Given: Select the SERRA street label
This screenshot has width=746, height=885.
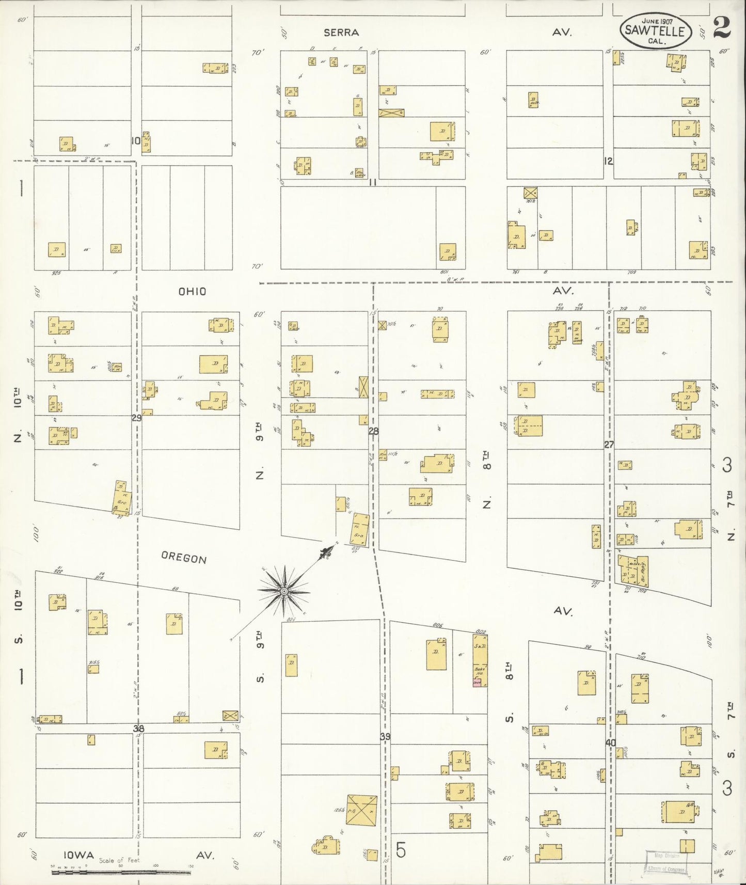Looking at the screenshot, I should (341, 33).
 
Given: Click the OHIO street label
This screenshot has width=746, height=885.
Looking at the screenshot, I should (192, 292).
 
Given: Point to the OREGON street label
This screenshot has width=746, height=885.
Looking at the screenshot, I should (184, 558).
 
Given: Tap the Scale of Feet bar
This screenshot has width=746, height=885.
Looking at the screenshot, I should (121, 873).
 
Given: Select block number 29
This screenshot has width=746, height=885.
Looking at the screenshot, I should (136, 418).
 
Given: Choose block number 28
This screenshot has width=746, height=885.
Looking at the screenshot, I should (373, 431).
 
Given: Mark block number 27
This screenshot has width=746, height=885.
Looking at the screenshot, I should (609, 444).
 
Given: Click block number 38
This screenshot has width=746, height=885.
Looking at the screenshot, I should (138, 729).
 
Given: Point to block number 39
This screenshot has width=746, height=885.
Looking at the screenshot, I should (385, 736).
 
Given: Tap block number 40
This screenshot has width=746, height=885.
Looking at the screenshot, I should (611, 742).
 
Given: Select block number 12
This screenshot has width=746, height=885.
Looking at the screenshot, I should (608, 161).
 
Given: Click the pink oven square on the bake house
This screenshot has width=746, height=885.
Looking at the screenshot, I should (477, 683).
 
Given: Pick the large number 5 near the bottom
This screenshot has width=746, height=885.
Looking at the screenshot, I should (401, 850).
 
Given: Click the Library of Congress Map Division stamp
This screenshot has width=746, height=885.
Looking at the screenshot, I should (666, 862).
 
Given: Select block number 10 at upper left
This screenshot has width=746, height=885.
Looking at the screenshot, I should (135, 140).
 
